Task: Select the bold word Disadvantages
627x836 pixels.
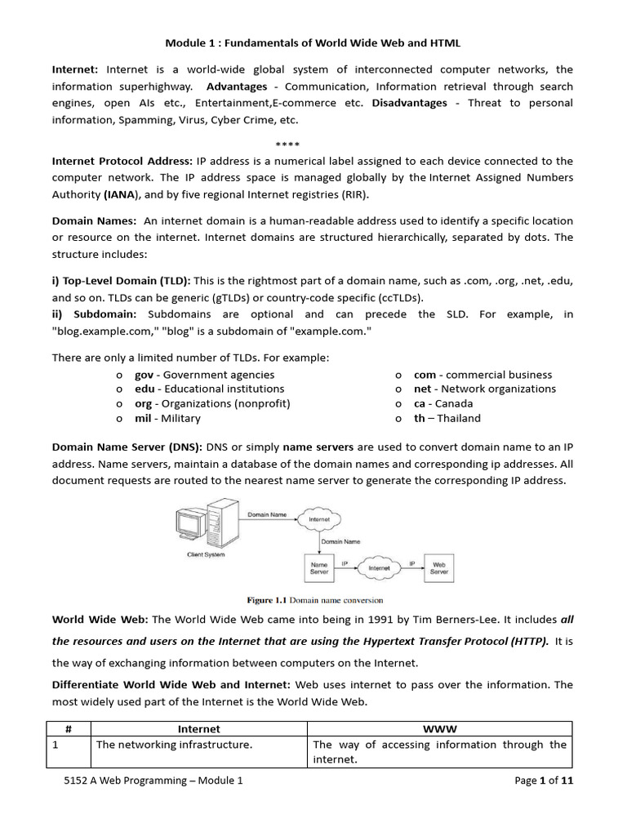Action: click(409, 103)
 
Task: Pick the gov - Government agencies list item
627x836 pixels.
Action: click(204, 375)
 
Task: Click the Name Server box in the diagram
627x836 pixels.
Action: click(319, 568)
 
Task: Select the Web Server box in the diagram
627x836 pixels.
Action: click(439, 568)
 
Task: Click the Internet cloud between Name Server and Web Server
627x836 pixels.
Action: click(379, 567)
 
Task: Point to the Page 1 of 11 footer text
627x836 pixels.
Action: click(544, 780)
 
